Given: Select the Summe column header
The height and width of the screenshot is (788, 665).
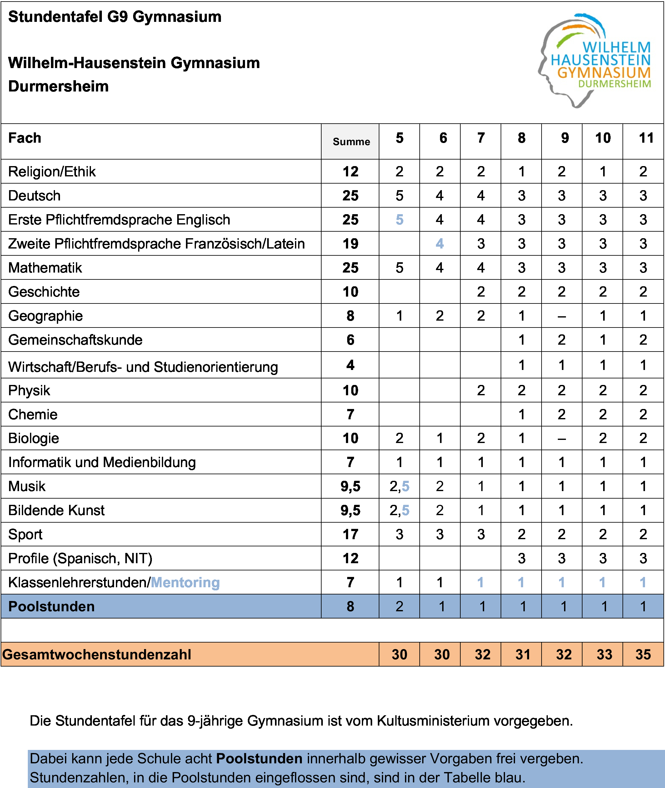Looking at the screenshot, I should [x=351, y=142].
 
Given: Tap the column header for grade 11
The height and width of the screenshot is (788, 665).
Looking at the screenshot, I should [x=646, y=138].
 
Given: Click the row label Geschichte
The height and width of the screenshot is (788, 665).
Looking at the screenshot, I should [x=44, y=292].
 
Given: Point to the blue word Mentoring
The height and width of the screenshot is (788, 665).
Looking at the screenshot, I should [x=185, y=582].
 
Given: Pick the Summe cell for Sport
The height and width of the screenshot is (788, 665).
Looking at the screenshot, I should [x=350, y=534].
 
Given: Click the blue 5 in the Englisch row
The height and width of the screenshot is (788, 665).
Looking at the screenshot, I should [x=399, y=219].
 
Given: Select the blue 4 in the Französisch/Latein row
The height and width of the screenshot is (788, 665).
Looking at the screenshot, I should [x=440, y=244].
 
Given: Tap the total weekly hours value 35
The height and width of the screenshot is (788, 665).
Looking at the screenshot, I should [x=643, y=654].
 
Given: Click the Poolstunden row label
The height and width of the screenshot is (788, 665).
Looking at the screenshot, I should [x=51, y=606].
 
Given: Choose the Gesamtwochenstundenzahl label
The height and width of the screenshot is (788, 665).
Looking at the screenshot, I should [x=97, y=654].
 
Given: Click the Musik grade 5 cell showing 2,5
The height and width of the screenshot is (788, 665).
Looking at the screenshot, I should [x=399, y=486].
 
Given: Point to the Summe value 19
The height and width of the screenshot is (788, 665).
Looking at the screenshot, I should [x=350, y=244].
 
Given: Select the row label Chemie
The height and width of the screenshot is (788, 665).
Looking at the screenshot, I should [x=33, y=414].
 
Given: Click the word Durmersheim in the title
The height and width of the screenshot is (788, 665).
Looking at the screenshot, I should [x=58, y=86].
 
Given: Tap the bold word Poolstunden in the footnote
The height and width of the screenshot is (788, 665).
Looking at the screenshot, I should [x=259, y=758].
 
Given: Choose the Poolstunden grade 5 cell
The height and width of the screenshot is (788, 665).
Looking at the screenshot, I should [x=399, y=606].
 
